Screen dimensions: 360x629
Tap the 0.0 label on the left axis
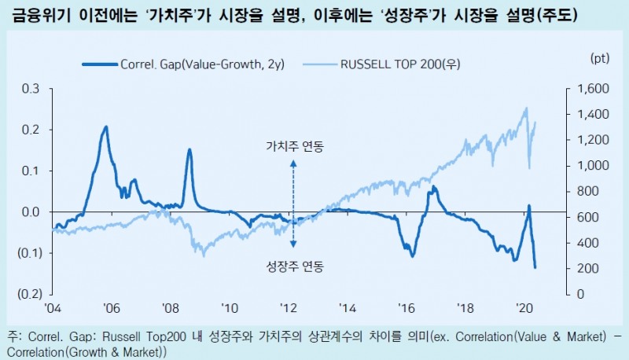coord(31,212)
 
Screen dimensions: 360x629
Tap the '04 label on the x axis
coord(52,308)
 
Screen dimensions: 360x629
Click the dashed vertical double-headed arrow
coord(294,206)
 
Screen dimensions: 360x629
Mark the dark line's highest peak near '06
coord(106,126)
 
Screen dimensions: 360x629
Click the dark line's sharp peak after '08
coord(189,149)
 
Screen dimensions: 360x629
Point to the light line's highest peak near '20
coord(525,108)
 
